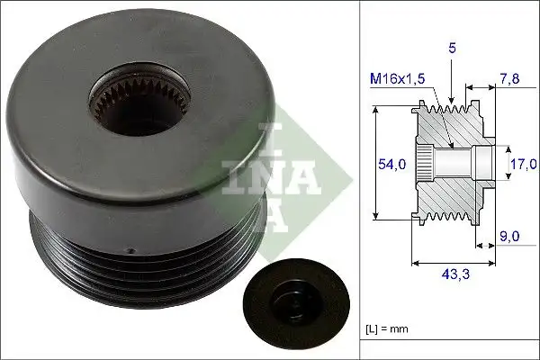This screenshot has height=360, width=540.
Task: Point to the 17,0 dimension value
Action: pyautogui.click(x=523, y=165)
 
